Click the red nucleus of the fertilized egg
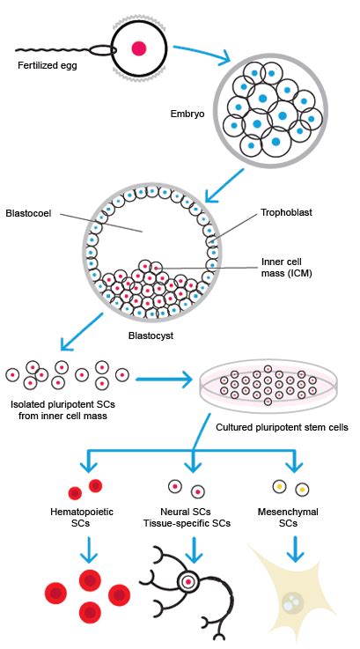[138, 49]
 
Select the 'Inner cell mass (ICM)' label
[286, 267]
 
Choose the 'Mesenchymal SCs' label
[291, 517]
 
